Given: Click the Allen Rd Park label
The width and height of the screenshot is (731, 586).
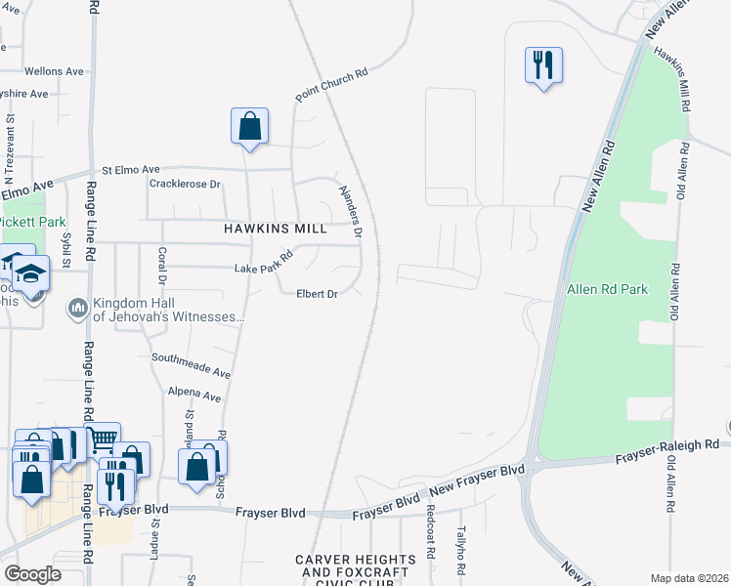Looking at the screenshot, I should [607, 290].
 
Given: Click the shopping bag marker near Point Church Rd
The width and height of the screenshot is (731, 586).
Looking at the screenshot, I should [249, 126].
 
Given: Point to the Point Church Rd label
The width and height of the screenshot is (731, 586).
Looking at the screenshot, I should [332, 85].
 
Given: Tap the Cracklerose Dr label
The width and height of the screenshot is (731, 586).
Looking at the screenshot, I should [186, 184].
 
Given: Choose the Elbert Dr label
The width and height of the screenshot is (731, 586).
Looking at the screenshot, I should [317, 293].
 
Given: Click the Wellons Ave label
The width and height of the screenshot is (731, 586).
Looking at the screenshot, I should [54, 71].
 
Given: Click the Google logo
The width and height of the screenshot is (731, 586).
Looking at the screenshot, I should [33, 574].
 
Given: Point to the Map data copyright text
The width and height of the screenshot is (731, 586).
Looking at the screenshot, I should [690, 578].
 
